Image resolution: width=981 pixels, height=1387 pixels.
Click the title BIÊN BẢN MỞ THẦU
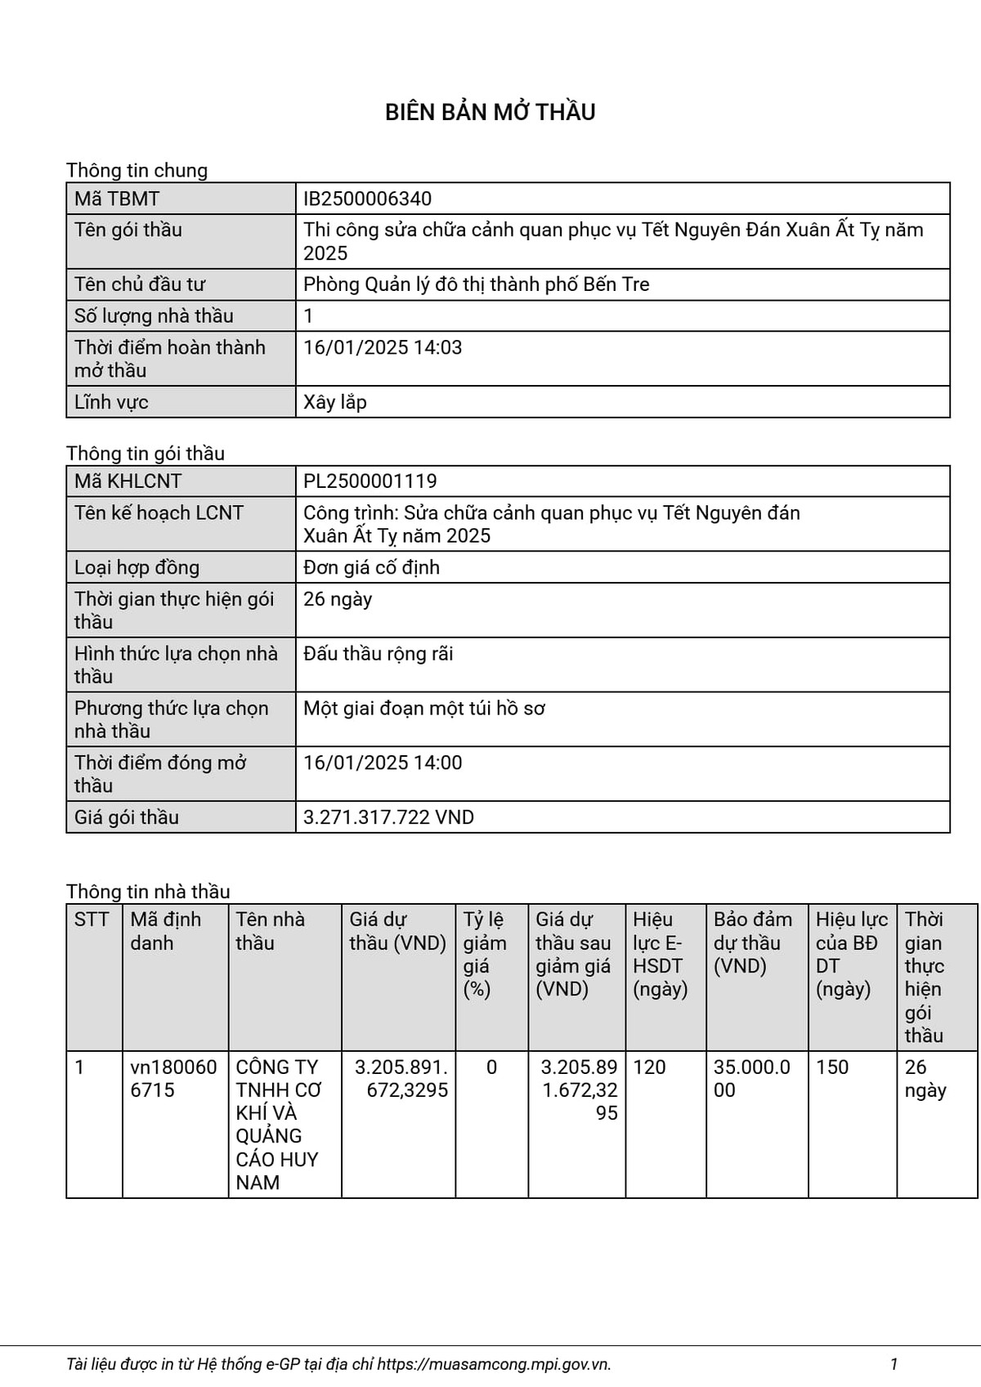pos(490,112)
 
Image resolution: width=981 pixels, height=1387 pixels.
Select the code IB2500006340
pos(367,199)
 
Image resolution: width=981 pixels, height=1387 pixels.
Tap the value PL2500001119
pos(370,481)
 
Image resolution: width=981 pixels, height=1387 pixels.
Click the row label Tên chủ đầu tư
pos(140,284)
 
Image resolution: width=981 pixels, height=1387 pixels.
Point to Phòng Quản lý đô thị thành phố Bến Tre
pos(476,284)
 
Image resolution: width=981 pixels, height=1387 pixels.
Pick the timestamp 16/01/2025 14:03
pos(383,347)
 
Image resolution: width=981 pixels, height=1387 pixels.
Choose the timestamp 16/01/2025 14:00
pos(383,763)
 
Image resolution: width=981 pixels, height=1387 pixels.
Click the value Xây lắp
pos(335,402)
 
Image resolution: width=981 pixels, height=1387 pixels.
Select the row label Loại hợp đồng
pos(137,567)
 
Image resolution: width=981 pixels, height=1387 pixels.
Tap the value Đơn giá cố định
pos(371,567)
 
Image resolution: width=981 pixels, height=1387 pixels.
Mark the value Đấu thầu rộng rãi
pos(378,654)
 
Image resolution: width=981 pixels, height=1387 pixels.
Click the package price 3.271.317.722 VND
pos(388,817)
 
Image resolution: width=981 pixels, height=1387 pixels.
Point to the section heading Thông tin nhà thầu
pos(148,891)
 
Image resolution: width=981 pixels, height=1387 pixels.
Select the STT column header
pos(92,919)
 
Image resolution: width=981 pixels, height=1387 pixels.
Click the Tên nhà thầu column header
pos(270,931)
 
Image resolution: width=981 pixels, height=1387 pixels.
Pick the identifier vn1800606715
pos(173,1078)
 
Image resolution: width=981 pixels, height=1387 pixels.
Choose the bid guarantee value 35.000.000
pos(751,1078)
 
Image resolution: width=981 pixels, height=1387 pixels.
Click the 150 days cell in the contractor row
pos(832,1067)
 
